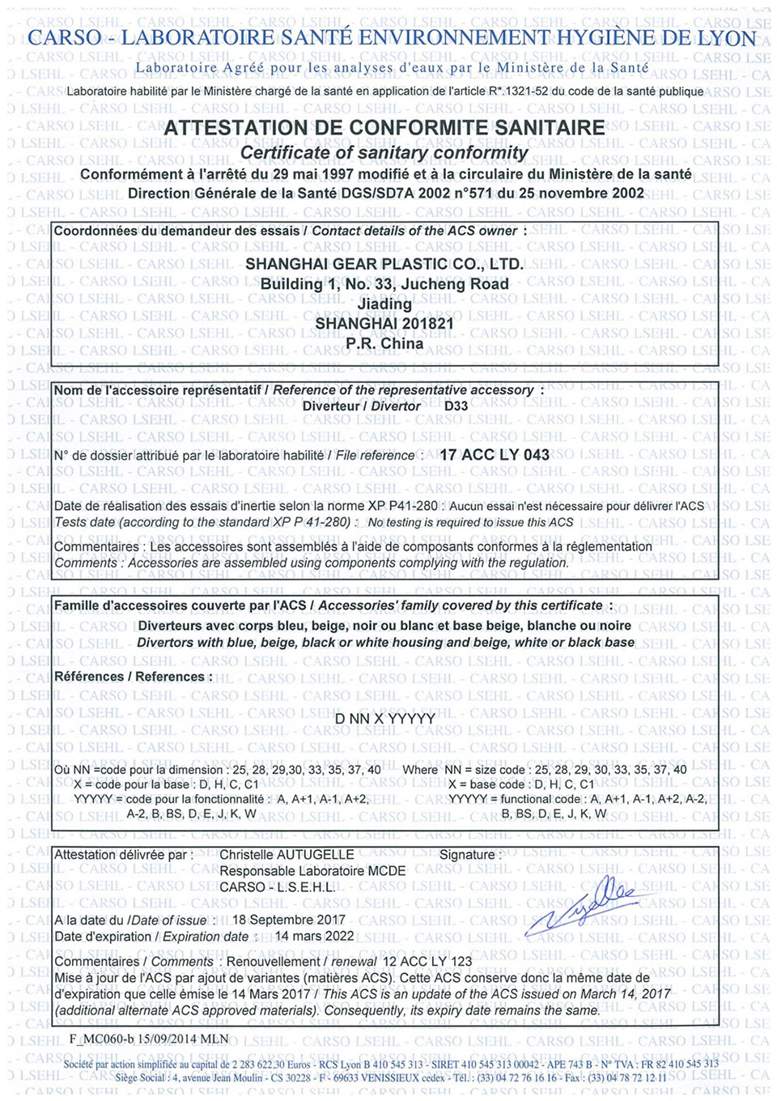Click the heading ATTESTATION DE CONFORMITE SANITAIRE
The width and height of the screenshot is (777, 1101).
[x=384, y=128]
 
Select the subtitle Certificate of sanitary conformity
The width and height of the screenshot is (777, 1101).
[x=384, y=153]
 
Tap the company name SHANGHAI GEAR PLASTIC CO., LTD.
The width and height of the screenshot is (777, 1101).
[x=384, y=264]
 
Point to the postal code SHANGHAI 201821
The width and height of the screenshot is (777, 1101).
[x=384, y=324]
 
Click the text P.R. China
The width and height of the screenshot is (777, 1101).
[x=384, y=343]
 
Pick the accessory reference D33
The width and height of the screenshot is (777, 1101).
[x=456, y=406]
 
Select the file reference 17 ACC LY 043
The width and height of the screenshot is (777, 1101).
[x=495, y=455]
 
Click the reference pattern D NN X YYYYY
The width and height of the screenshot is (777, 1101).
[x=385, y=719]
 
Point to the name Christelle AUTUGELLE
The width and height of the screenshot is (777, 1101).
[x=287, y=855]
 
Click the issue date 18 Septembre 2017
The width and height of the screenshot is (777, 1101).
[x=289, y=920]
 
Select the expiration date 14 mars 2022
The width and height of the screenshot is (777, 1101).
[x=315, y=937]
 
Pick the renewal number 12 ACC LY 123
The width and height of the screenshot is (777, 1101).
[x=427, y=962]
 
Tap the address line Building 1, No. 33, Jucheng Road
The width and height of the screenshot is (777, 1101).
[x=384, y=284]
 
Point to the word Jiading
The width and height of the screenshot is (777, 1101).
[x=384, y=304]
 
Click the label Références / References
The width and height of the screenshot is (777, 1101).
[x=133, y=677]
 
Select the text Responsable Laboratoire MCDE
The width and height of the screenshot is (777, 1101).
[x=312, y=871]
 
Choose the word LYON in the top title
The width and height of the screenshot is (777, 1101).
[x=728, y=38]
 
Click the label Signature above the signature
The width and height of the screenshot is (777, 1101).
[x=467, y=855]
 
